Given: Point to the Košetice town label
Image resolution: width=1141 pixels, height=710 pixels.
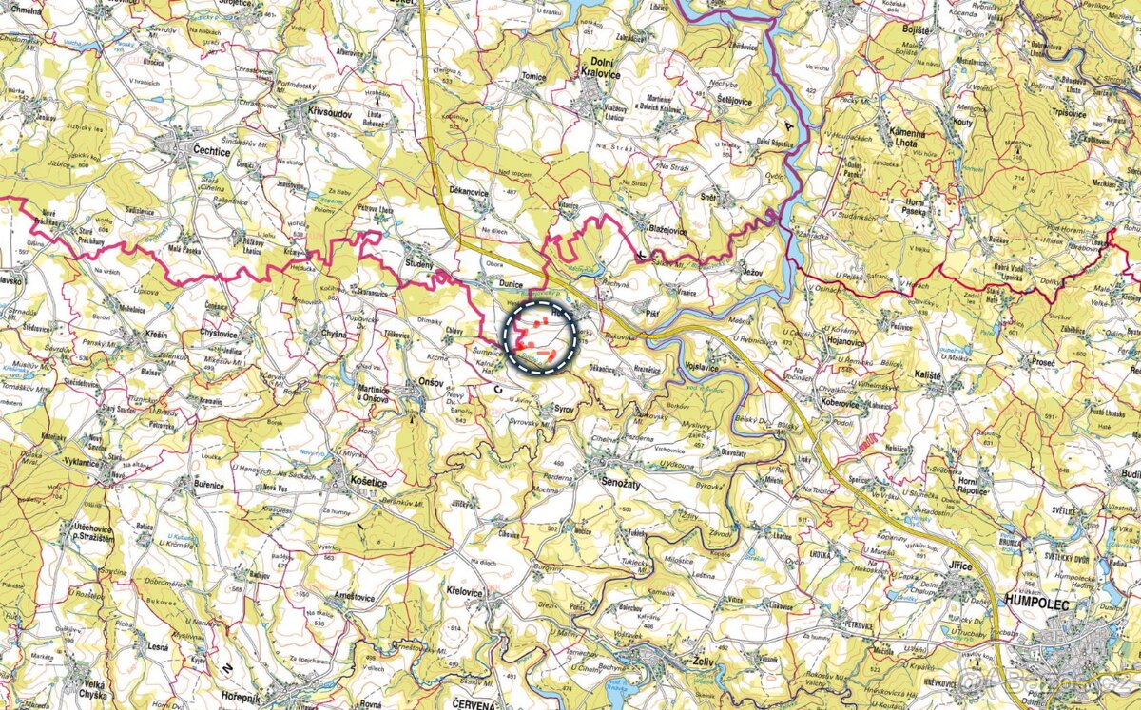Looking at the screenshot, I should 367,482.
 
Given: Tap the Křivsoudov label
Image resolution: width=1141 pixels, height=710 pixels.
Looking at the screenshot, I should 330,111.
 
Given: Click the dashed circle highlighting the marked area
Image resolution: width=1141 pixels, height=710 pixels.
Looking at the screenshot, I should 540,338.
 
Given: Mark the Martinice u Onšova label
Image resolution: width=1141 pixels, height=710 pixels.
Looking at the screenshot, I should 375,393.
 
